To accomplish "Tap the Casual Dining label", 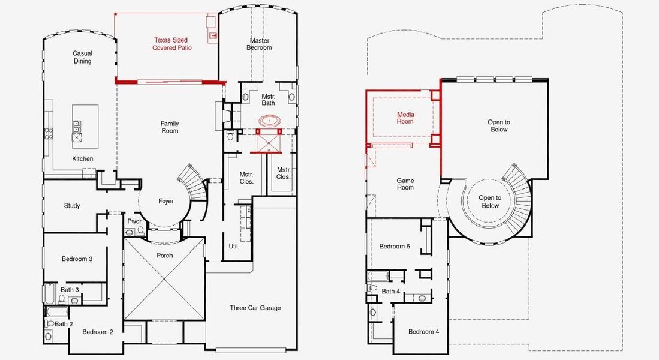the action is [82, 57].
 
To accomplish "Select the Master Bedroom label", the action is [259, 44].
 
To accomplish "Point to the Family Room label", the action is [170, 127].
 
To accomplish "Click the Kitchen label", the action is [82, 158].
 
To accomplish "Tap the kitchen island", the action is [85, 127].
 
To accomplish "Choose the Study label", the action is [72, 206].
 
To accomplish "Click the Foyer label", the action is [166, 201].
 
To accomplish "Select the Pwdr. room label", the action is [135, 221].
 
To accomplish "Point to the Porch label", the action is [165, 255].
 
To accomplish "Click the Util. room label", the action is [234, 246].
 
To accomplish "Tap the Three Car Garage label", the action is [255, 308].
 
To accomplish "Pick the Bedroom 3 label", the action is [77, 259].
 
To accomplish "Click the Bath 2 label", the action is [64, 324].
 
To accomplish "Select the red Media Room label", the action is [405, 118].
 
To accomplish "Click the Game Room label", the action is [405, 184].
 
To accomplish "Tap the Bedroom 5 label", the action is [395, 246].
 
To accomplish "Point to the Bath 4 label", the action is [391, 291].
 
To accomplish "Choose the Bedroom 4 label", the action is [423, 331].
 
